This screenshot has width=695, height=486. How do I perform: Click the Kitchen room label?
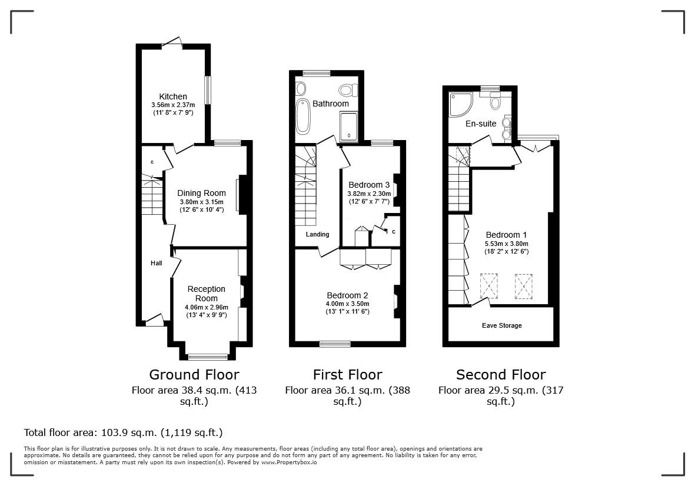(172, 96)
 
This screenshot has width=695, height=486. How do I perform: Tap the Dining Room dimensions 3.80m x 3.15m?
(202, 202)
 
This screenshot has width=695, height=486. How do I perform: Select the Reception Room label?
(206, 293)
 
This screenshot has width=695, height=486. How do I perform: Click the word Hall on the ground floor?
(156, 263)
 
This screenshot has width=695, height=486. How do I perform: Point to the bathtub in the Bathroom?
(302, 116)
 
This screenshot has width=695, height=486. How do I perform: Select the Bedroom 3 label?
(369, 185)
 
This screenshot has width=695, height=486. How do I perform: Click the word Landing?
(317, 234)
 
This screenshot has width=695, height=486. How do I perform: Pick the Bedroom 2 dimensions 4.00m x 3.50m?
(347, 304)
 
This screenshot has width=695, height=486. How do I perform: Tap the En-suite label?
(481, 124)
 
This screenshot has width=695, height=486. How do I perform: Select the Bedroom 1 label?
(506, 235)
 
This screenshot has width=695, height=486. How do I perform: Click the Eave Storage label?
(501, 325)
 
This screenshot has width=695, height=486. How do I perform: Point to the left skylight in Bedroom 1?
(489, 286)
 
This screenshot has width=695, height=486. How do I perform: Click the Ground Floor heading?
(194, 375)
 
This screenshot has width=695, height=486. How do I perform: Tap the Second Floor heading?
(501, 375)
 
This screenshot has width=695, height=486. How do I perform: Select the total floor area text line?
(123, 432)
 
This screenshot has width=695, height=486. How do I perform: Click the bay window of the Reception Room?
(208, 356)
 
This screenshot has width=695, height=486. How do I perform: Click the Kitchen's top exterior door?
(172, 43)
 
